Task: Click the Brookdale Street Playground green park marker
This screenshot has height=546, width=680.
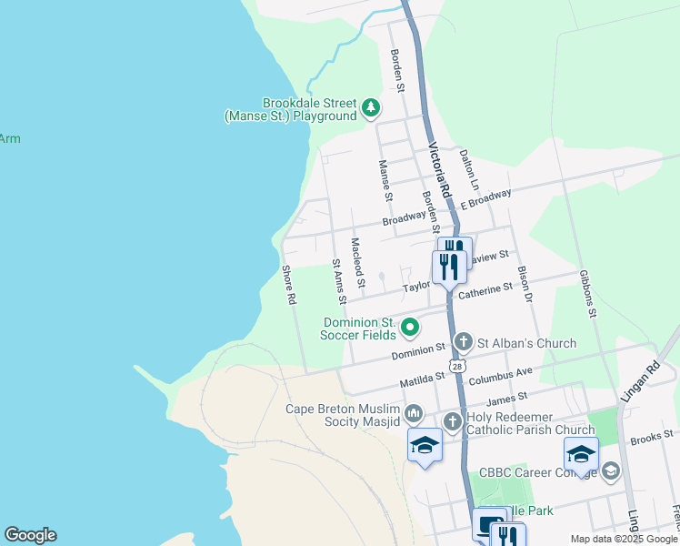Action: click(x=370, y=109)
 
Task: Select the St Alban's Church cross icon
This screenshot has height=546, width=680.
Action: click(x=463, y=343)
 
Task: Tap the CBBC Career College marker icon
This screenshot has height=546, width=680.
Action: click(x=610, y=471)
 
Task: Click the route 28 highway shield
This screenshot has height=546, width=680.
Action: click(x=458, y=364)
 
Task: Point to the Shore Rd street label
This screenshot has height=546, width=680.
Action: click(x=289, y=285)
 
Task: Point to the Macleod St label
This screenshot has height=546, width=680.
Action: click(x=357, y=263)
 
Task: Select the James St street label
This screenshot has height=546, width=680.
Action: click(x=507, y=398)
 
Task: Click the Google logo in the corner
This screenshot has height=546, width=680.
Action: click(x=30, y=535)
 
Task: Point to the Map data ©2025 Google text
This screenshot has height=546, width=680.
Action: click(x=623, y=539)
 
